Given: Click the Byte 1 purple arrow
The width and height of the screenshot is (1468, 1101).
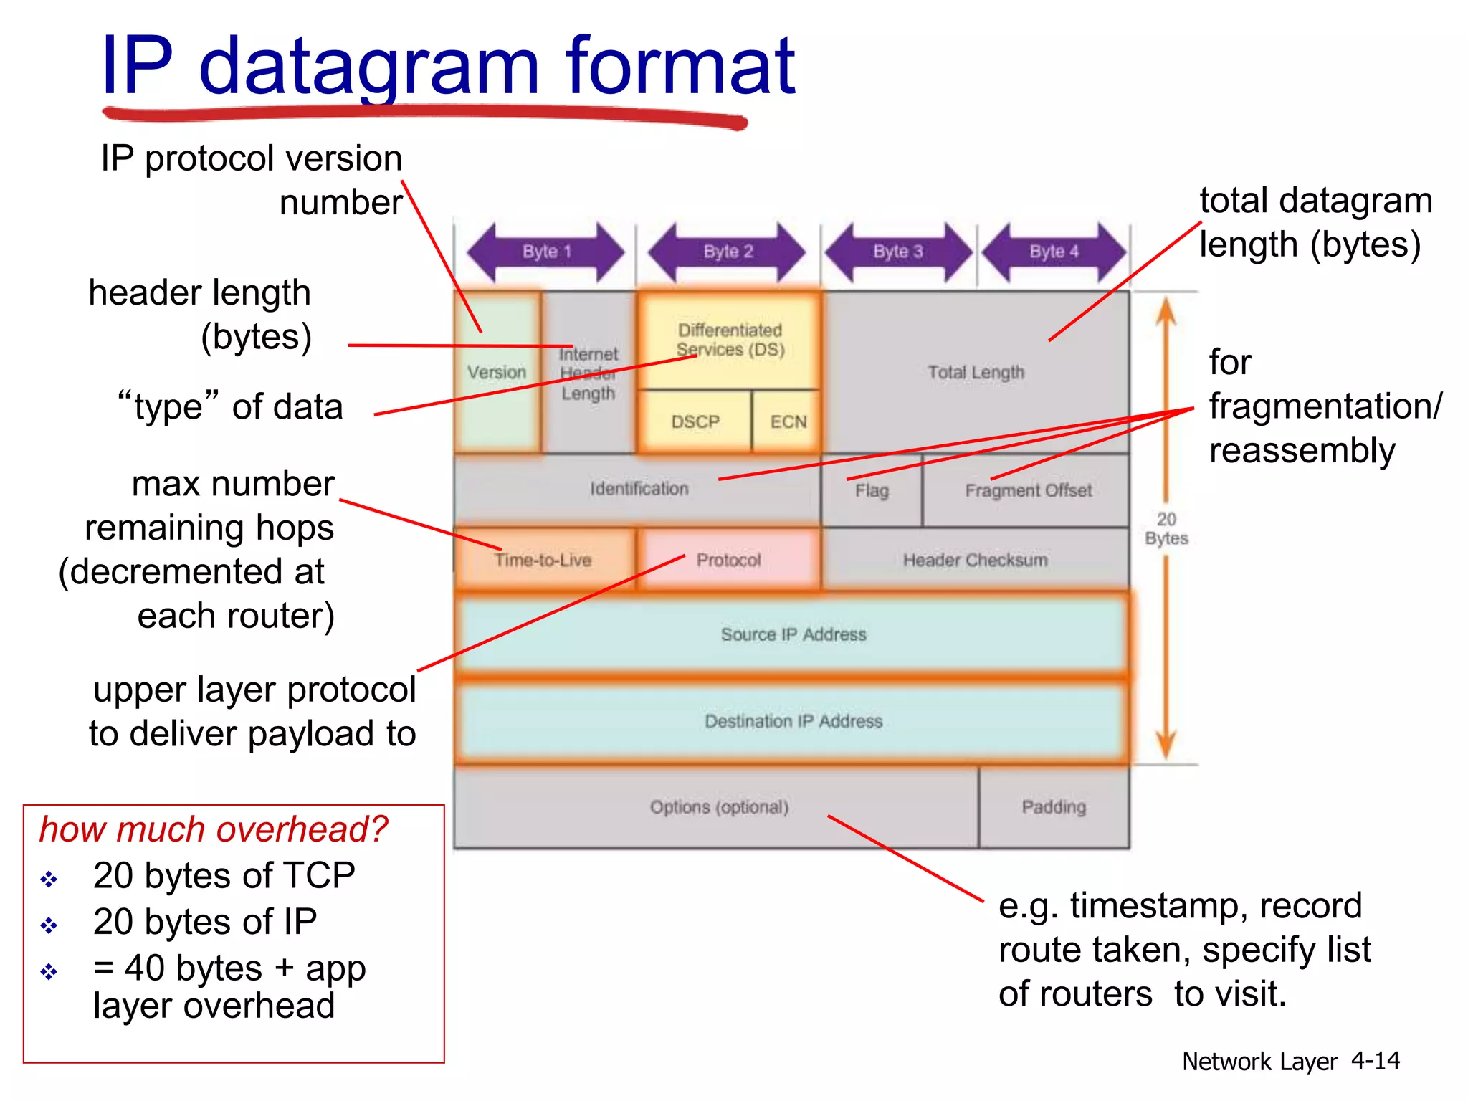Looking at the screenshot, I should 546,252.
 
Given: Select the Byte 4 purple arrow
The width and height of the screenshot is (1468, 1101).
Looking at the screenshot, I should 1054,252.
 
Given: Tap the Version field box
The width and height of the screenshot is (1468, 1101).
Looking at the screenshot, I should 497,372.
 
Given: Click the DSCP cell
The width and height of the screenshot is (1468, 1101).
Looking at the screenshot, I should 695,421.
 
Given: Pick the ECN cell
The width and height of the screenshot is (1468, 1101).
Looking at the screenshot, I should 788,421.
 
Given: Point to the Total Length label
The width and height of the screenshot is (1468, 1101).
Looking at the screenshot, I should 976,372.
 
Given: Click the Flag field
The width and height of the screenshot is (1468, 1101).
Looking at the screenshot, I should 872,491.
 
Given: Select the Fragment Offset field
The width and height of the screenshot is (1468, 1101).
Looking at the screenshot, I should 1028,491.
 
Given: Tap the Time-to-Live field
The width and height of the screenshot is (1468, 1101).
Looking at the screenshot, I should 543,560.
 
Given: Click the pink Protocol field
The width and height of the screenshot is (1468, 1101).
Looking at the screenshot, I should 728,560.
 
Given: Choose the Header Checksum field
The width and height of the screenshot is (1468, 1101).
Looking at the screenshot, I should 975,560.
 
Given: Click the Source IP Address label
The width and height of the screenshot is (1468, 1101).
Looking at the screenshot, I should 793,634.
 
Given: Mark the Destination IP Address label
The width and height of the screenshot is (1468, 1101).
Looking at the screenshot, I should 793,721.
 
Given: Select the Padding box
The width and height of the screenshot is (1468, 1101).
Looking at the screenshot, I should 1054,807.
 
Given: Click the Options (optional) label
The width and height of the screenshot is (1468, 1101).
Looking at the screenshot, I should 719,807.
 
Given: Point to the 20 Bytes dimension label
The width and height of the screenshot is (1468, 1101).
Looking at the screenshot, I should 1166,529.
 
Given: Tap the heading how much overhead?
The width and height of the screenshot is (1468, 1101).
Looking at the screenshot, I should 213,829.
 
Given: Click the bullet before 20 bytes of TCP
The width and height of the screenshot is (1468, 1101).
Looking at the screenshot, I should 49,879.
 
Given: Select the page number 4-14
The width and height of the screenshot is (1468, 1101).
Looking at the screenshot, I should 1375,1061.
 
